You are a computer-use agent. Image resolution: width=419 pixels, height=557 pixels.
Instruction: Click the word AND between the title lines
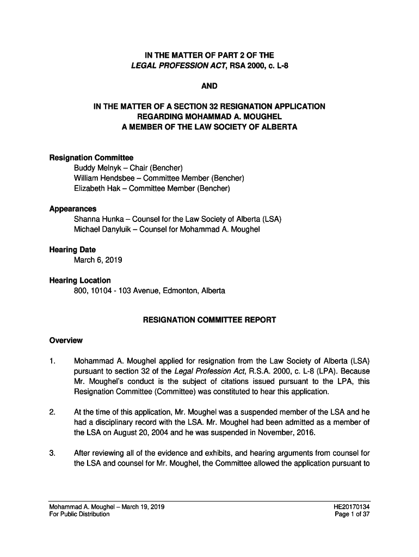click(x=209, y=86)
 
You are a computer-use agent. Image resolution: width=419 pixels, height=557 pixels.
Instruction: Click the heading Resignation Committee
click(x=91, y=158)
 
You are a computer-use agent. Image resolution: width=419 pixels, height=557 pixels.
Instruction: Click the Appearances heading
click(x=73, y=209)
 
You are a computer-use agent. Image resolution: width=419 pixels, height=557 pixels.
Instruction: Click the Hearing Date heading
click(x=72, y=250)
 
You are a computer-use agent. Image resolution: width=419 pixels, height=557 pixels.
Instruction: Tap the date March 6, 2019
click(x=98, y=260)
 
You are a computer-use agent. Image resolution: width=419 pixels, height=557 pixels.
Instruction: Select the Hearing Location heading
click(x=80, y=281)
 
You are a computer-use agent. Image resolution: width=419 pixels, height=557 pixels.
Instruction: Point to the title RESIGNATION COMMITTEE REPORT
click(x=209, y=320)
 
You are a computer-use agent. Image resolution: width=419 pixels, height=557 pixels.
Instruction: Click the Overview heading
click(x=66, y=341)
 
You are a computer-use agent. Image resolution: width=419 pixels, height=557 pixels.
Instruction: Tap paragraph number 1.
click(x=52, y=361)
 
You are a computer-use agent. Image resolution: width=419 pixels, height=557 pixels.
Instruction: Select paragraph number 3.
click(x=52, y=454)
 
